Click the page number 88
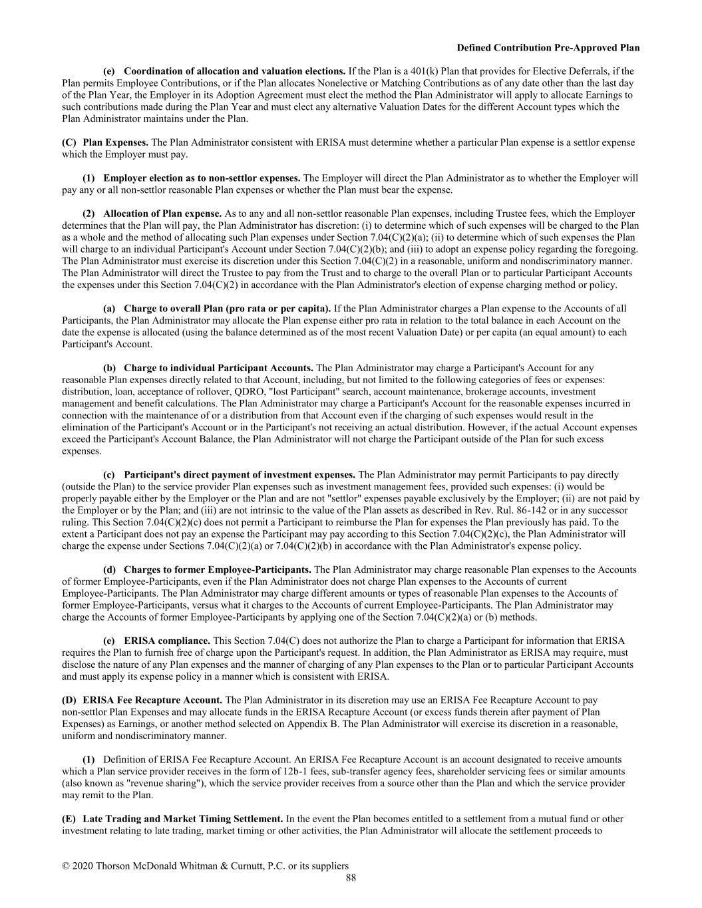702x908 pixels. click(x=351, y=878)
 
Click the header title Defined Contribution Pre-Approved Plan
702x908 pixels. click(x=548, y=48)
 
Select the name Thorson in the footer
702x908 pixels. click(x=113, y=866)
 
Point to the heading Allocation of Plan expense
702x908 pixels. click(x=162, y=214)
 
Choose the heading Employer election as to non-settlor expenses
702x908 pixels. click(x=202, y=178)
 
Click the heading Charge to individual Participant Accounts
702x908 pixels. click(x=218, y=368)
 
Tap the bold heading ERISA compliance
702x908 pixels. click(x=167, y=641)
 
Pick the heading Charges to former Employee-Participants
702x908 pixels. click(x=217, y=569)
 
